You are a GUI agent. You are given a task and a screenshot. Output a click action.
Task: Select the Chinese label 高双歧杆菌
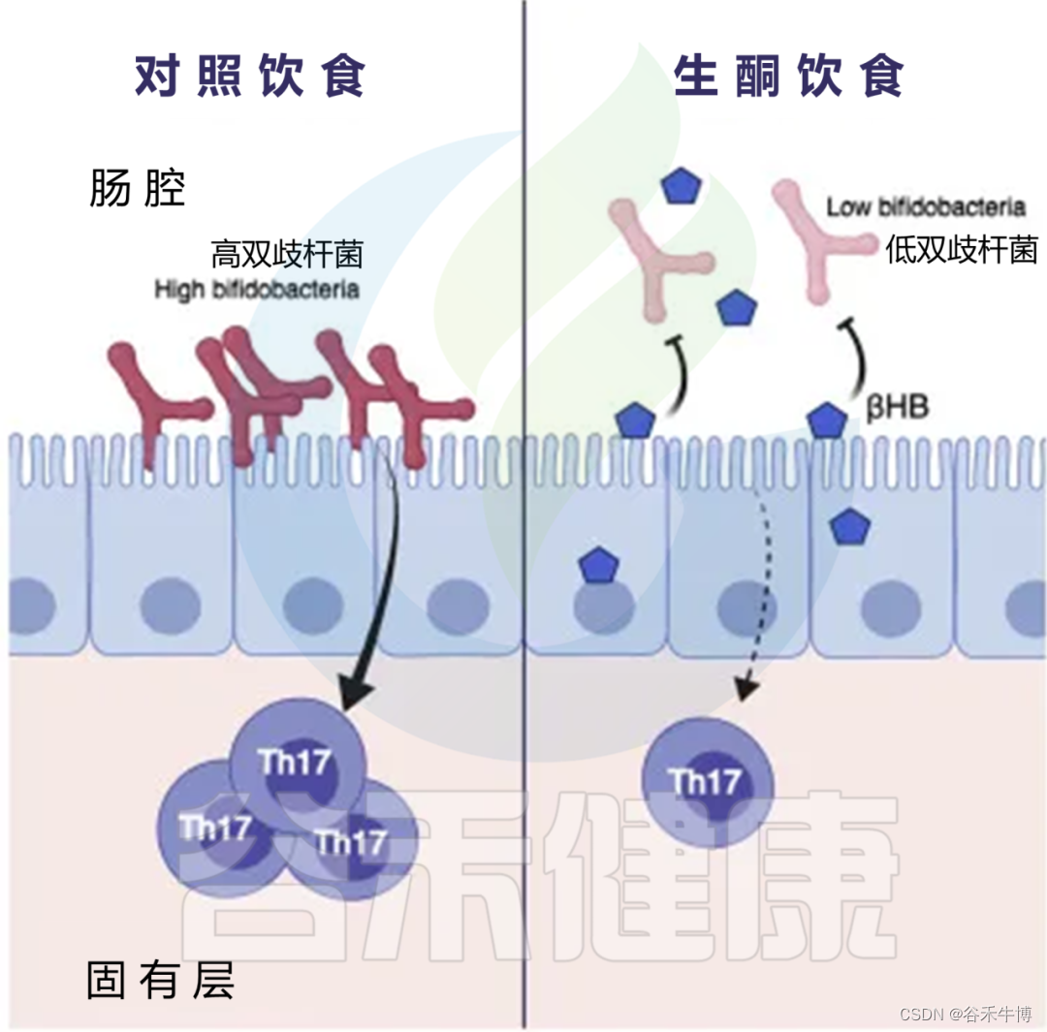click(x=286, y=256)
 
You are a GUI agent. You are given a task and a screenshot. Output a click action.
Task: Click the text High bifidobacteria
click(x=256, y=289)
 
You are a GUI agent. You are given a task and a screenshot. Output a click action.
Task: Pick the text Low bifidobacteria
click(x=925, y=206)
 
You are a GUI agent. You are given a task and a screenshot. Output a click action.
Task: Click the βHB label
click(x=898, y=407)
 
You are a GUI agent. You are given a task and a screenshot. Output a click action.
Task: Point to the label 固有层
click(x=160, y=981)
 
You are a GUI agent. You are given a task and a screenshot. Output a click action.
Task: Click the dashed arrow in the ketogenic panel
click(x=761, y=591)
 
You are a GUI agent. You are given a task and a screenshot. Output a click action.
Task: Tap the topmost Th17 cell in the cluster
click(x=297, y=761)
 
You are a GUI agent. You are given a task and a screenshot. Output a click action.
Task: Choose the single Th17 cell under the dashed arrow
click(x=709, y=782)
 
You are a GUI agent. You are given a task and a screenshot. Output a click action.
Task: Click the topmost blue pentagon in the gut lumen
click(x=681, y=186)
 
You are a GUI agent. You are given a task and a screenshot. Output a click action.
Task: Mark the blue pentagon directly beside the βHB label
click(x=827, y=420)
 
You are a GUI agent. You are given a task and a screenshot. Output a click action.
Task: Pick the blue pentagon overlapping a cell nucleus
click(x=597, y=565)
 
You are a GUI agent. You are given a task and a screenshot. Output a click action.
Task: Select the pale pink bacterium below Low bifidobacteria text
click(x=821, y=242)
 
